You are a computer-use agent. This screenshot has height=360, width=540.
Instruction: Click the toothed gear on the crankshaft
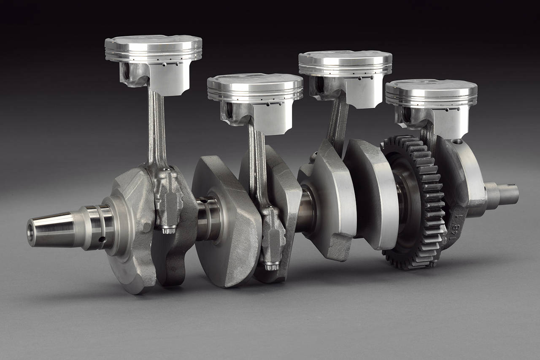pos(416,203)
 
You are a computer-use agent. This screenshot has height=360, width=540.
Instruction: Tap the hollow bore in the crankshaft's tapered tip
pos(31,233)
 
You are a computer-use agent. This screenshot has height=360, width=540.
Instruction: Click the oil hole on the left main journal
pos(102,240)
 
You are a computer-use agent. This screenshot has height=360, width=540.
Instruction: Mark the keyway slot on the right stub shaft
pos(511,185)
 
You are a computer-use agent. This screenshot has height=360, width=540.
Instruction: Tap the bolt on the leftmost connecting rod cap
pos(169,228)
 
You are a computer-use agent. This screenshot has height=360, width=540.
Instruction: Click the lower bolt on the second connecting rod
pos(270,265)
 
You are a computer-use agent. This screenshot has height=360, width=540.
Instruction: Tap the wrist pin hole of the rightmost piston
pos(406,114)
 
